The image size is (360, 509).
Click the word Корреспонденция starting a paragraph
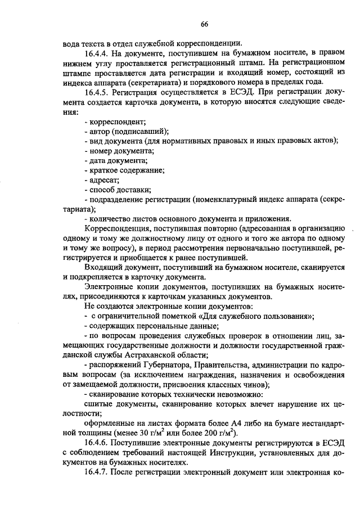point(114,229)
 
